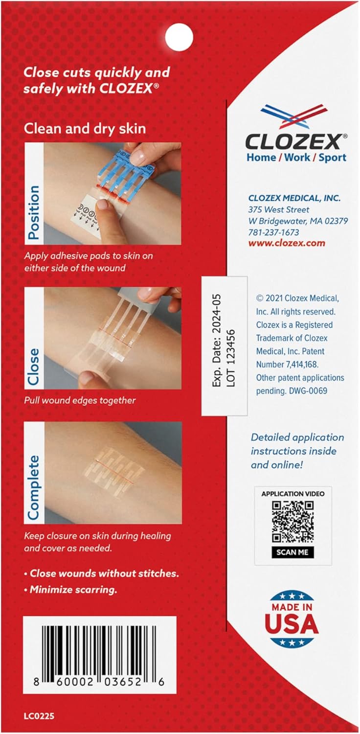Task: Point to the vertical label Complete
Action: click(33, 481)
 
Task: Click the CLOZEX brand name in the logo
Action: click(293, 142)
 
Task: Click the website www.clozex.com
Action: click(279, 243)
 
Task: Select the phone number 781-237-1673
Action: click(273, 232)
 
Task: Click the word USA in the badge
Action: click(292, 625)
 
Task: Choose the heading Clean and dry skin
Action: click(86, 129)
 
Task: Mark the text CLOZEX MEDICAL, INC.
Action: click(293, 198)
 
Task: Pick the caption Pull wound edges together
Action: click(80, 400)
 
